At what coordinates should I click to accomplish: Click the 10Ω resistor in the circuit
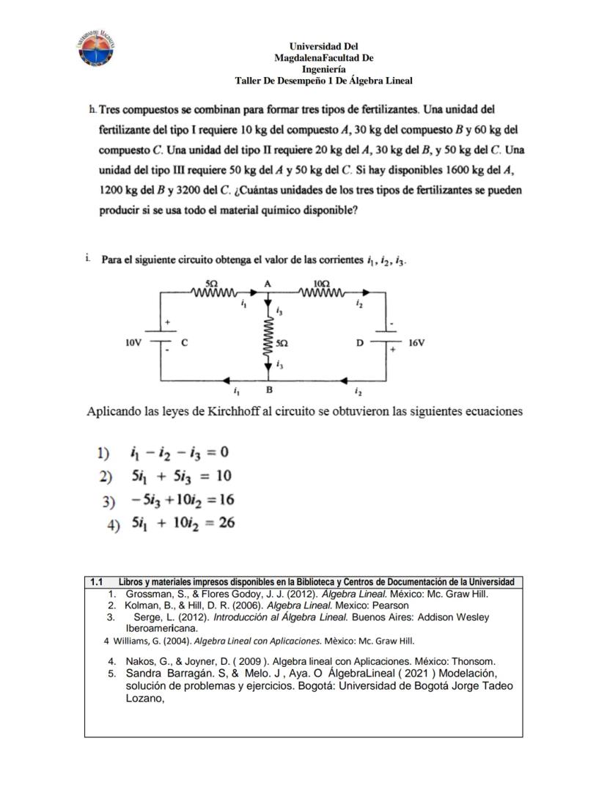click(321, 293)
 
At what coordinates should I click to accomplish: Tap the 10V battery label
click(133, 342)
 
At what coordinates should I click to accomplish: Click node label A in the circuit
click(268, 283)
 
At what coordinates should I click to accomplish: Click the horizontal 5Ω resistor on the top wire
click(211, 293)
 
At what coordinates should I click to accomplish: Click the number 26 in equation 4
click(226, 523)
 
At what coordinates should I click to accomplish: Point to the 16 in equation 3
click(224, 500)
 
